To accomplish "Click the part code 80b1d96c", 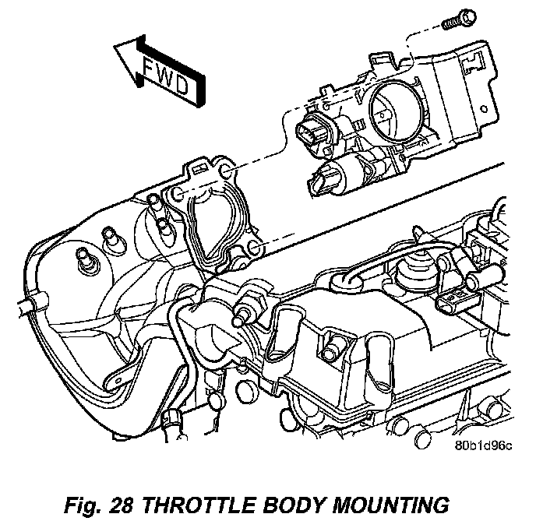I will tap(485, 446).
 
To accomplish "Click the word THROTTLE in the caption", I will tap(207, 505).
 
